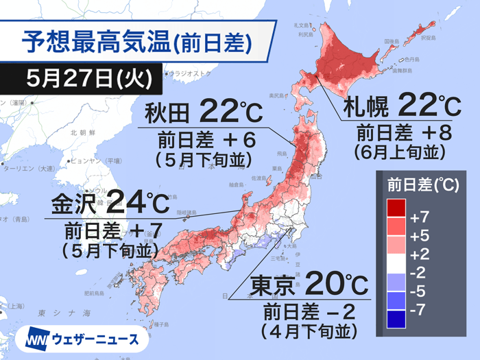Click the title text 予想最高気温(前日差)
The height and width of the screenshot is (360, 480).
136,42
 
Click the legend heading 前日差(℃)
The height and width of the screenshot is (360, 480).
418,184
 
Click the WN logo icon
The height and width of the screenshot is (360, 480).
40,339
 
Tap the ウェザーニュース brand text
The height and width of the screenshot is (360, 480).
99,339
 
